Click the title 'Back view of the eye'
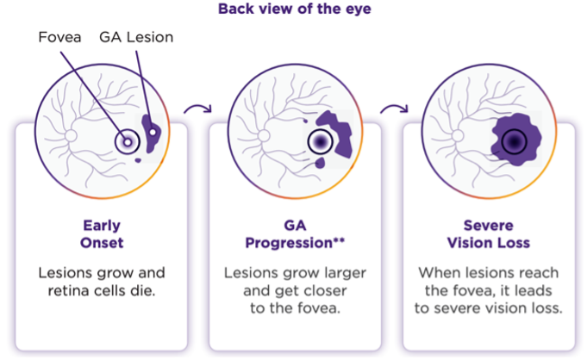293,9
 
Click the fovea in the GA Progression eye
320,140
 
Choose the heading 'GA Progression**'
295,234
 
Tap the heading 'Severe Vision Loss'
489,234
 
